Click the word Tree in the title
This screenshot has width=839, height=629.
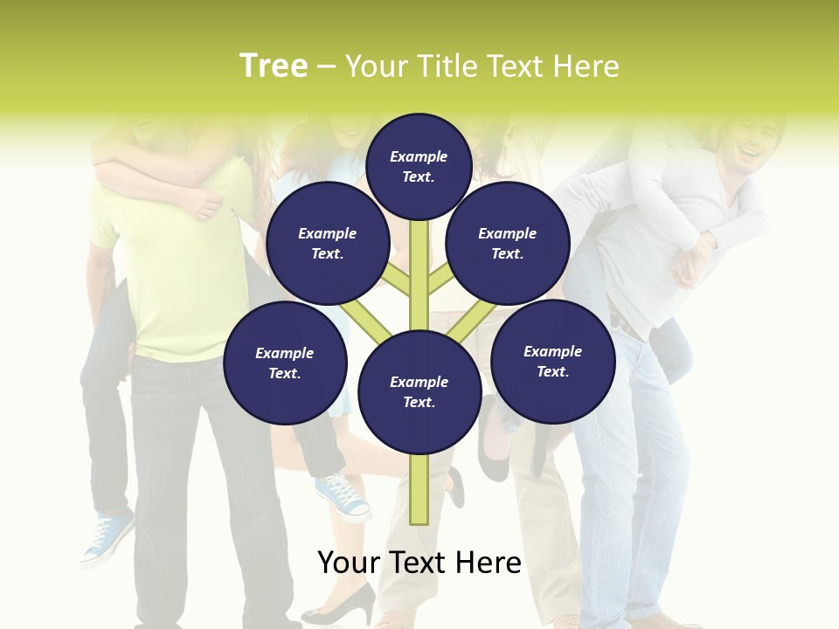[274, 66]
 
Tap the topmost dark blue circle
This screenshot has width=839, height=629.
[419, 166]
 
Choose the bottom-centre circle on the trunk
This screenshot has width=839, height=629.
[419, 392]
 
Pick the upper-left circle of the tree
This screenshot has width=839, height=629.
[328, 243]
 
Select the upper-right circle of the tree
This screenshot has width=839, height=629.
[508, 243]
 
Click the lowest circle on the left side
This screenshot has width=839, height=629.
[285, 363]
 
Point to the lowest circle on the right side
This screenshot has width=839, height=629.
[552, 361]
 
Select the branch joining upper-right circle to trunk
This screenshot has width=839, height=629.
[440, 281]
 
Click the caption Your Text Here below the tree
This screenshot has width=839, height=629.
[419, 563]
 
